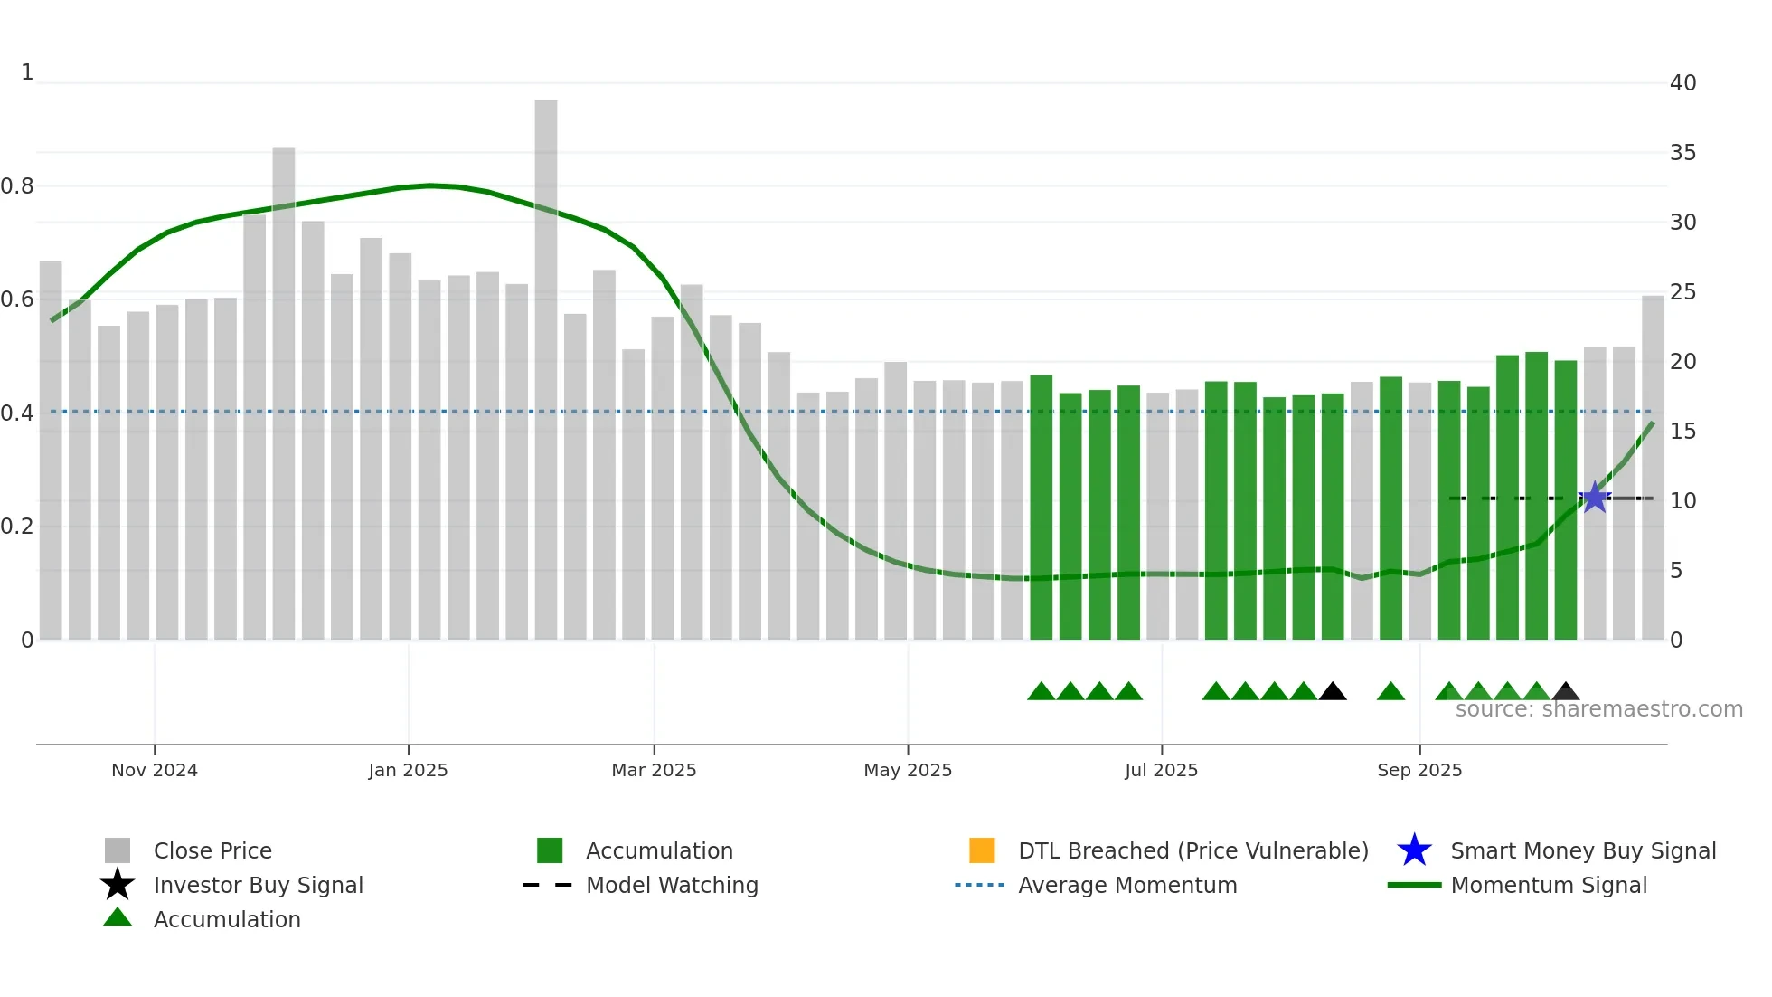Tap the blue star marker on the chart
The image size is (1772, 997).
pyautogui.click(x=1595, y=498)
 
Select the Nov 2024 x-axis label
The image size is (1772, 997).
pyautogui.click(x=155, y=770)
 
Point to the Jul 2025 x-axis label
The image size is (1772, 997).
pyautogui.click(x=1161, y=770)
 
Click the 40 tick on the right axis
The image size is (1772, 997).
pyautogui.click(x=1682, y=83)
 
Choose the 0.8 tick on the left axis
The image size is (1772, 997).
pyautogui.click(x=17, y=186)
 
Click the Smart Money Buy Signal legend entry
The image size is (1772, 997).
pyautogui.click(x=1582, y=850)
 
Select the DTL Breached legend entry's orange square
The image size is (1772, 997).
pyautogui.click(x=982, y=850)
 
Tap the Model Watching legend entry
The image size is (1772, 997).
pyautogui.click(x=671, y=885)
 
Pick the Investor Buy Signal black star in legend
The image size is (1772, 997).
pyautogui.click(x=118, y=885)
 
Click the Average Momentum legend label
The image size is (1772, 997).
pyautogui.click(x=1126, y=885)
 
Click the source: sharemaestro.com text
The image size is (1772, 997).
pyautogui.click(x=1598, y=709)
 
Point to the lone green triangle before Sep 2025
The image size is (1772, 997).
pyautogui.click(x=1390, y=692)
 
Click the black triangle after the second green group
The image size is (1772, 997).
pyautogui.click(x=1333, y=692)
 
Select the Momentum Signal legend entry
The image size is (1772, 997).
pyautogui.click(x=1548, y=885)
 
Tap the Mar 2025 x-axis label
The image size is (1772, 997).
pyautogui.click(x=654, y=770)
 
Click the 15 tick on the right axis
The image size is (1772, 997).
pyautogui.click(x=1682, y=432)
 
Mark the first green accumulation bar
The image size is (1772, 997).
pyautogui.click(x=1041, y=507)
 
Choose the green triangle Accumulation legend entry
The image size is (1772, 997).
pyautogui.click(x=118, y=917)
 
